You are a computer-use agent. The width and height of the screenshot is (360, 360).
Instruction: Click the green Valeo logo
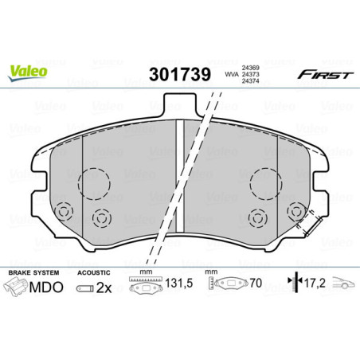click(29, 71)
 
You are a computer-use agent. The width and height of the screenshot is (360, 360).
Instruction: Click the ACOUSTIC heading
click(93, 272)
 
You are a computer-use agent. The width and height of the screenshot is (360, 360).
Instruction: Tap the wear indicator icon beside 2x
click(84, 289)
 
